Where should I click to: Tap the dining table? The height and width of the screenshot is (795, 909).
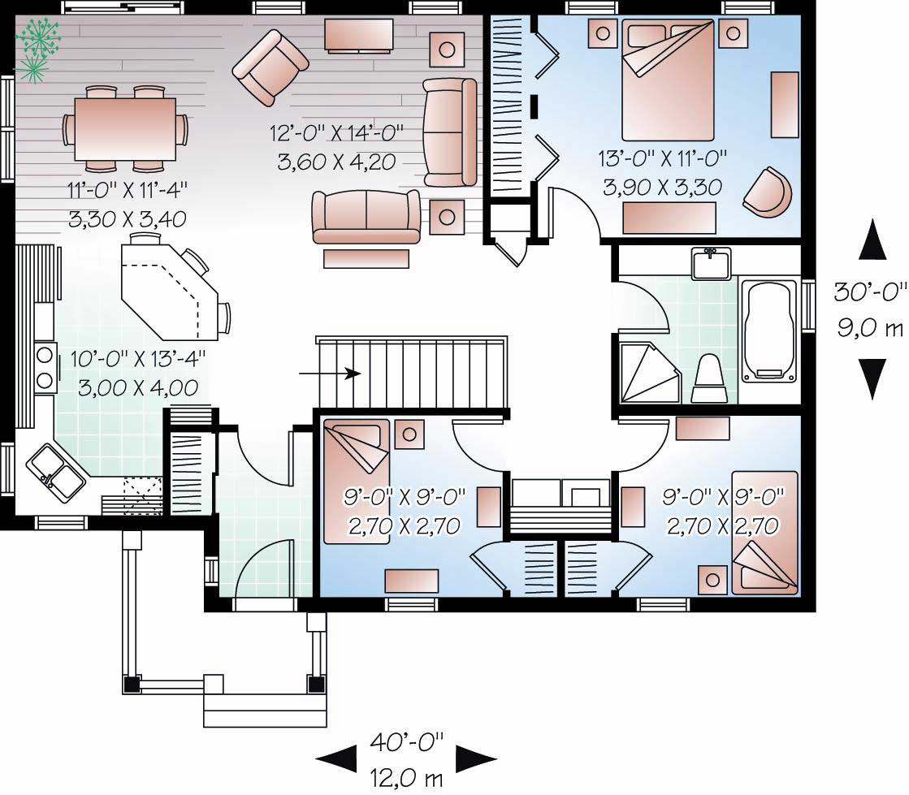click(x=125, y=130)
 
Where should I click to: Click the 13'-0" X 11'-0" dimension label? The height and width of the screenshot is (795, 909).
click(x=663, y=158)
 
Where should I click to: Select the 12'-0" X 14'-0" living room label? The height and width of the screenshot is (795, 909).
click(x=336, y=132)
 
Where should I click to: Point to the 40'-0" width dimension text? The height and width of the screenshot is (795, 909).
click(x=407, y=741)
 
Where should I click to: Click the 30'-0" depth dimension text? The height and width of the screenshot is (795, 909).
click(x=870, y=291)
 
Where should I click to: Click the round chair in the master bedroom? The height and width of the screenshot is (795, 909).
click(x=768, y=192)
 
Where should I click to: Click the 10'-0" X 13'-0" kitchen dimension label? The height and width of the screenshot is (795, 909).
click(x=137, y=356)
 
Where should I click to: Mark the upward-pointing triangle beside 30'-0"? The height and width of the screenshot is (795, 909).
click(x=872, y=240)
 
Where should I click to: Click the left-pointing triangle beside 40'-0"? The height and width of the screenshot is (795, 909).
click(x=335, y=759)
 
